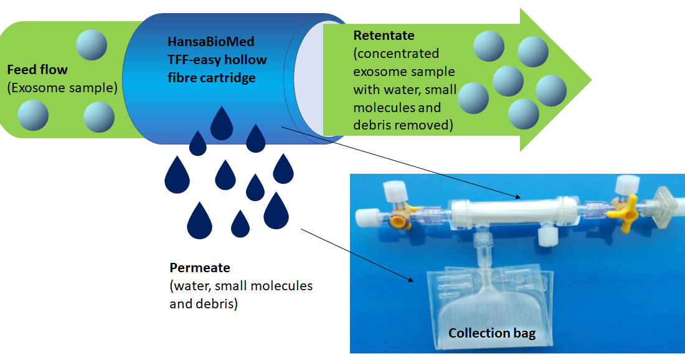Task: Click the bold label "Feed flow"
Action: click(x=37, y=69)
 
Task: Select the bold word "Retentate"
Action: click(x=384, y=36)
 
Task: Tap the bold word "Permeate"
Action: click(x=200, y=268)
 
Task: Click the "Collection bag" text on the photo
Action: click(x=492, y=333)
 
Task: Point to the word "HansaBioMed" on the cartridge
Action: click(x=211, y=42)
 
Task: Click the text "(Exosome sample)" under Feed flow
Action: click(x=62, y=88)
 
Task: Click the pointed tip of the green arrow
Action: click(x=589, y=80)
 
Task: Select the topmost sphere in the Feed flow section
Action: click(x=92, y=45)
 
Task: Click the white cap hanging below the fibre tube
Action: click(x=548, y=235)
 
